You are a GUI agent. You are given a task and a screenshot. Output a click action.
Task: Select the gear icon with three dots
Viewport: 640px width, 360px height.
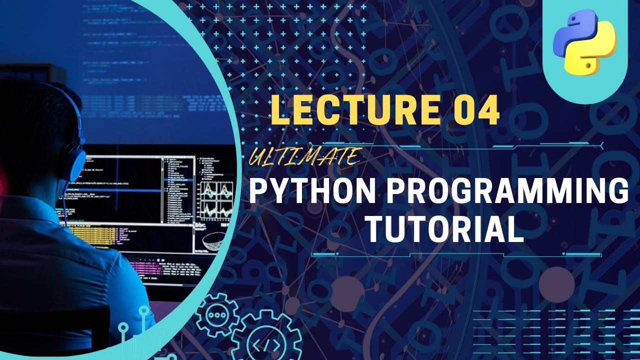pyautogui.click(x=216, y=314)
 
